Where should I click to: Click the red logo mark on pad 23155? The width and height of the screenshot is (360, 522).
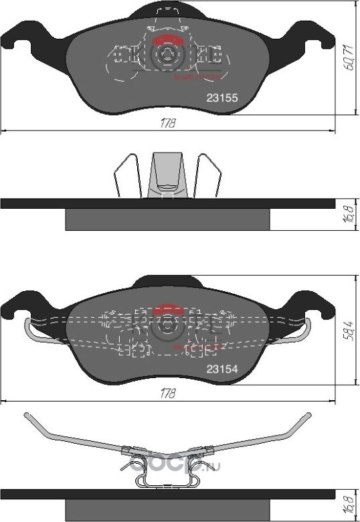[165, 39]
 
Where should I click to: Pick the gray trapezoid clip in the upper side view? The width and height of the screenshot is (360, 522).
[165, 175]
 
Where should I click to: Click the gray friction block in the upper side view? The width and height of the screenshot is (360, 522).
[167, 220]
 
